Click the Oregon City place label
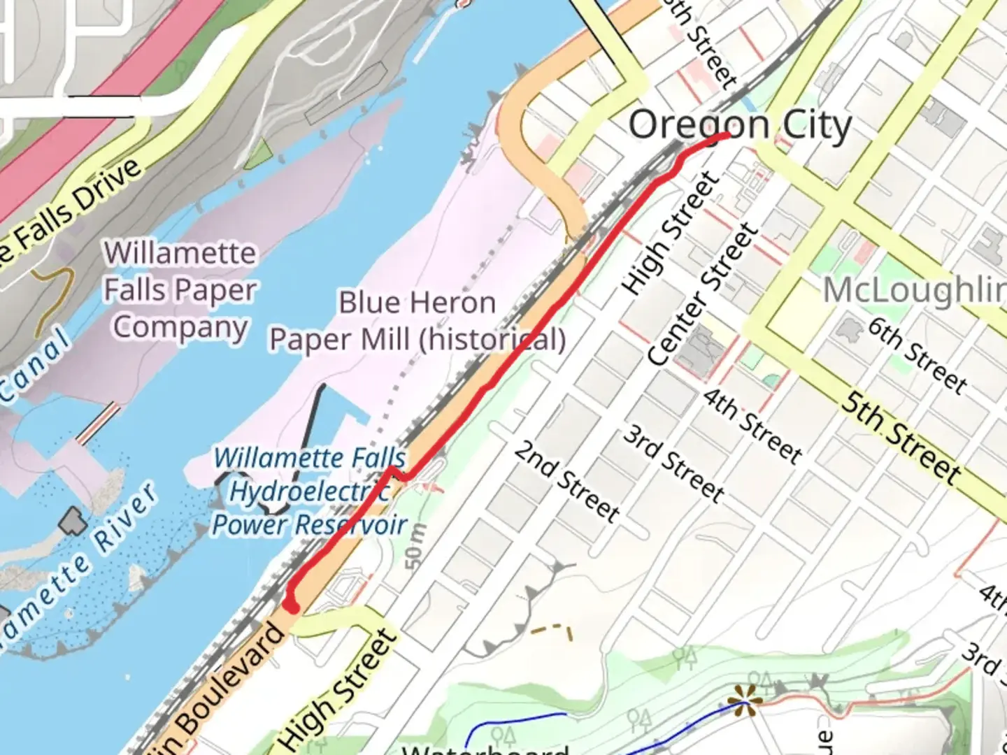click(x=740, y=127)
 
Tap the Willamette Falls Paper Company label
click(x=180, y=290)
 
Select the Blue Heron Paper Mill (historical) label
click(x=417, y=321)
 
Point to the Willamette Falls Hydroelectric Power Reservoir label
click(x=309, y=491)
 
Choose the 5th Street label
click(x=901, y=438)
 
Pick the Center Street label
click(x=703, y=294)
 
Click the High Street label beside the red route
click(x=670, y=233)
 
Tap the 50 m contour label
click(x=415, y=545)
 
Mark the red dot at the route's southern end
click(x=292, y=605)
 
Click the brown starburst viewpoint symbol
click(x=744, y=699)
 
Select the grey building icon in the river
click(x=73, y=522)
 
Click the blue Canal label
click(x=35, y=367)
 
